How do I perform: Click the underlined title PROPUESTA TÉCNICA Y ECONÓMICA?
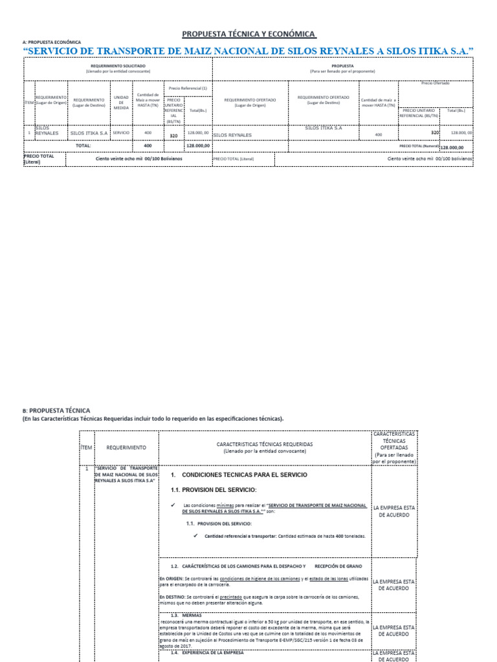[248, 34]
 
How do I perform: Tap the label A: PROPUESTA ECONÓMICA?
[52, 42]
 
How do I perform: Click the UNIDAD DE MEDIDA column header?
[121, 102]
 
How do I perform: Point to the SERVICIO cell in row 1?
[121, 133]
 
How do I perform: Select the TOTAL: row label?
[83, 146]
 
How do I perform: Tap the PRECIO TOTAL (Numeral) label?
[419, 147]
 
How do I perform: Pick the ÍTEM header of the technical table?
[87, 447]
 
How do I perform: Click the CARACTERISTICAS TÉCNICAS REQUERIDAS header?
[265, 448]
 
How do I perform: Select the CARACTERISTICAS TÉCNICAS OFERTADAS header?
[394, 447]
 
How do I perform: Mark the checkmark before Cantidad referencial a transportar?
[195, 536]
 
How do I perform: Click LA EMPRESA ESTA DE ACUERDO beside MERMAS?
[394, 630]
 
